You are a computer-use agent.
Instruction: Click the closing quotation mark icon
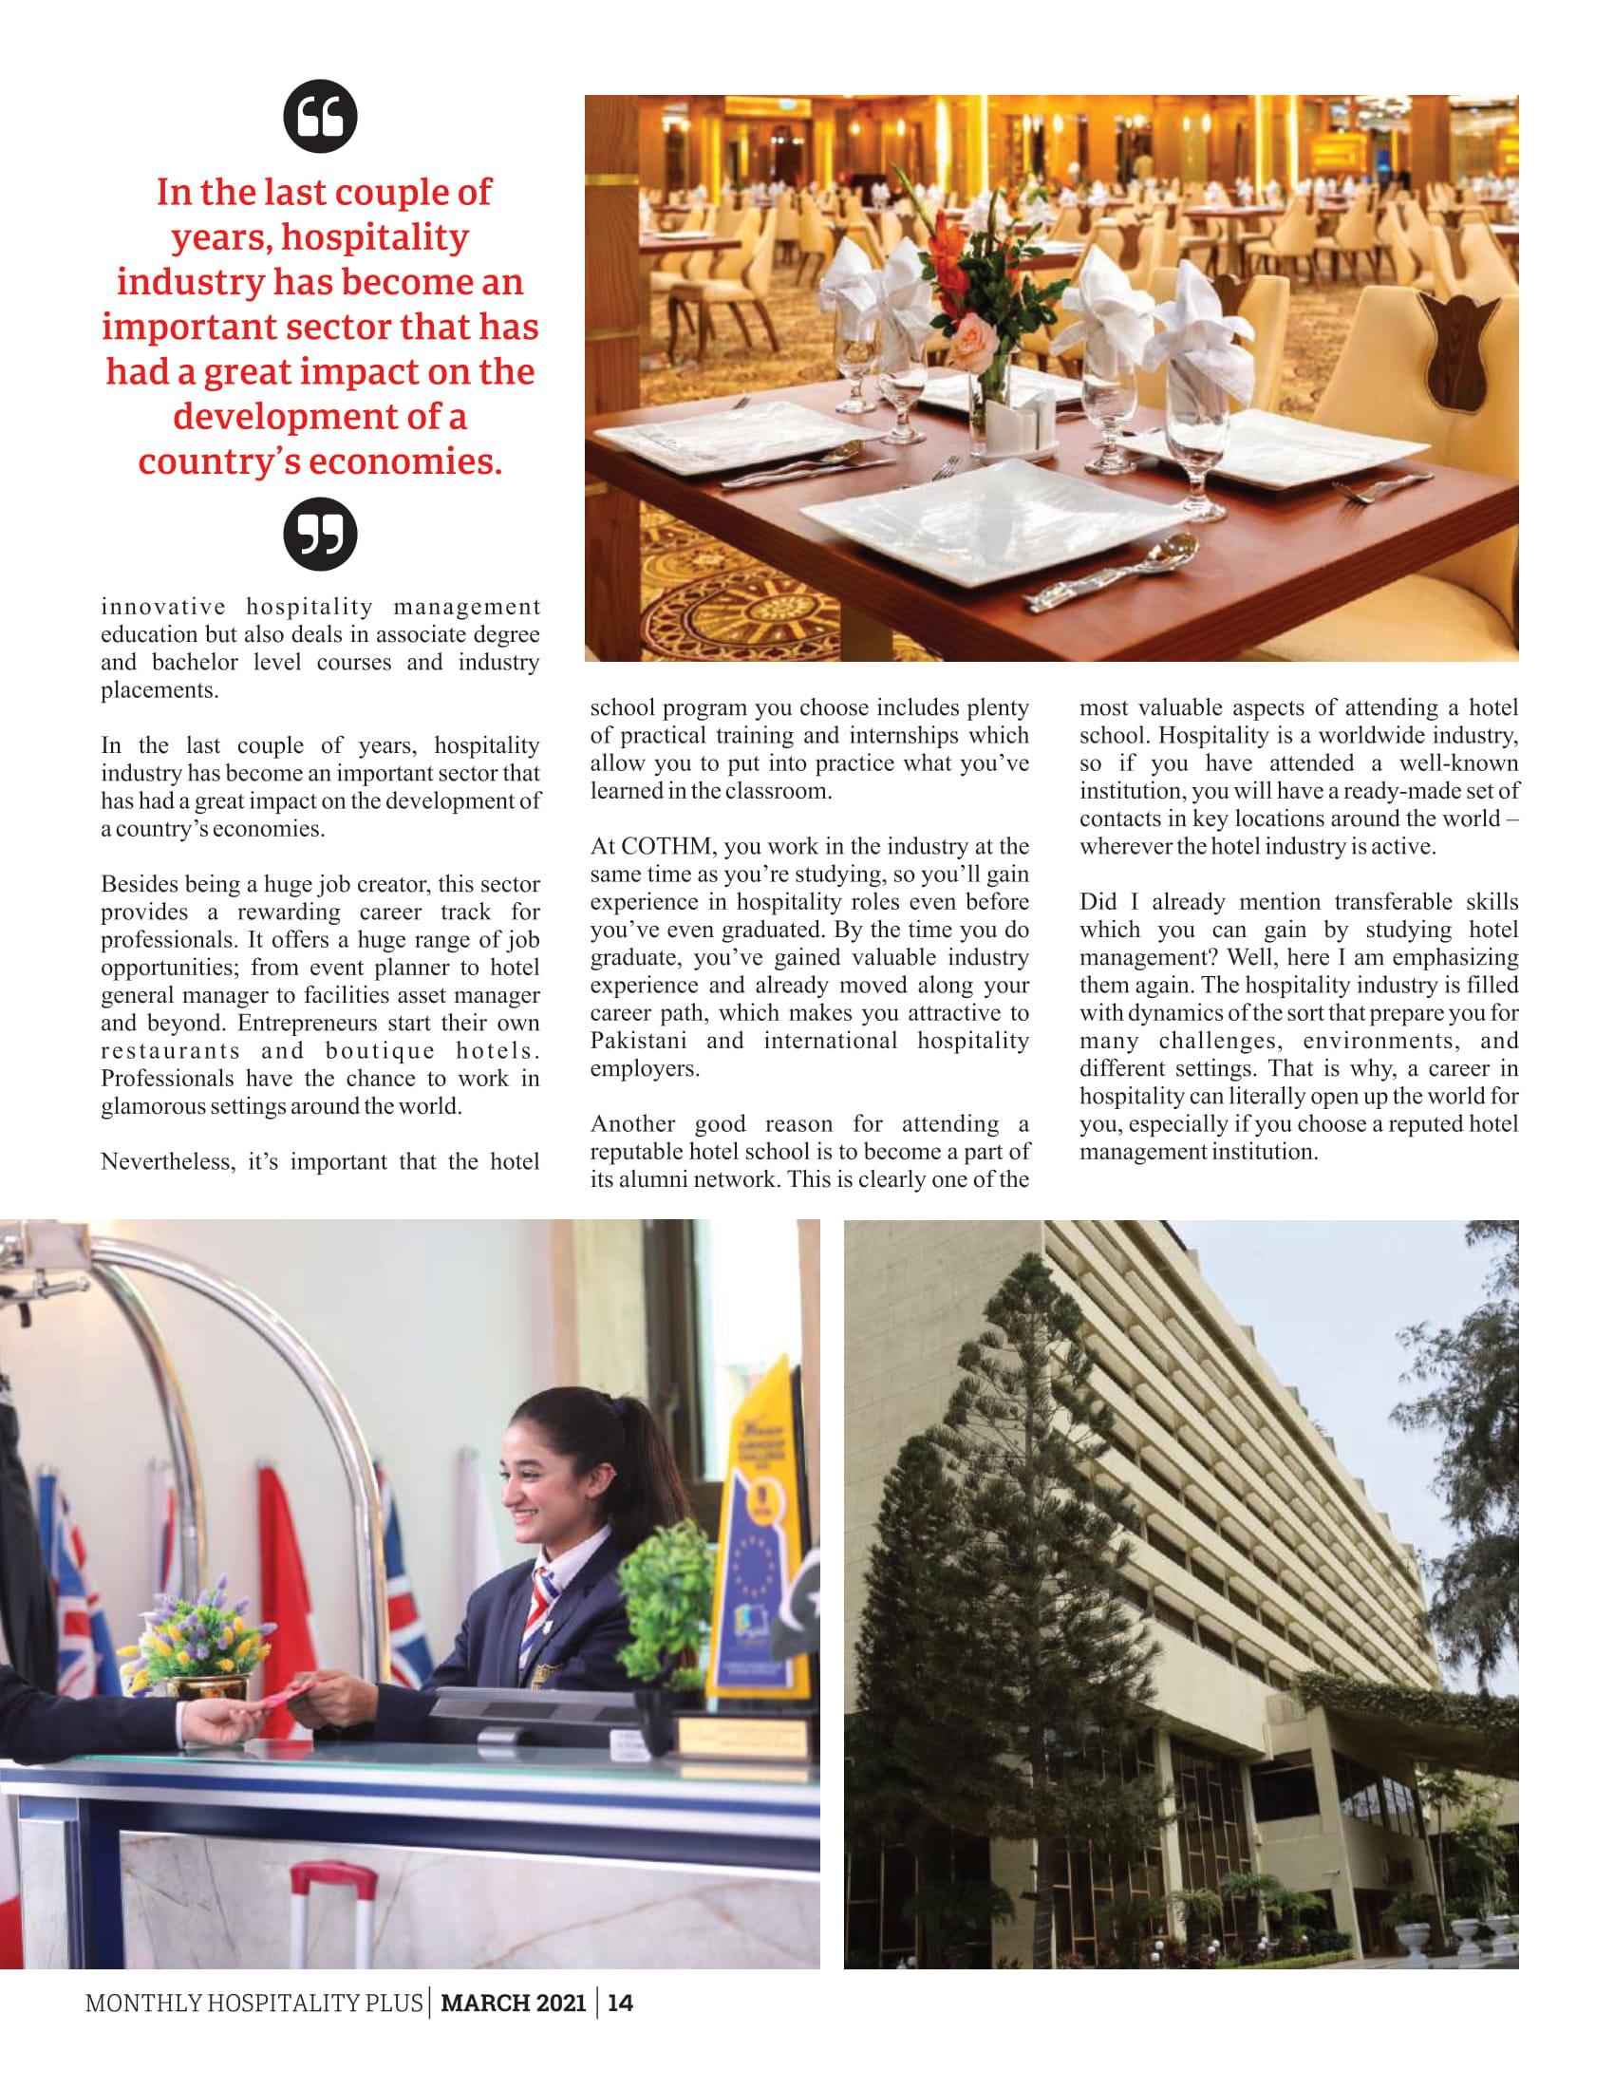(320, 534)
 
